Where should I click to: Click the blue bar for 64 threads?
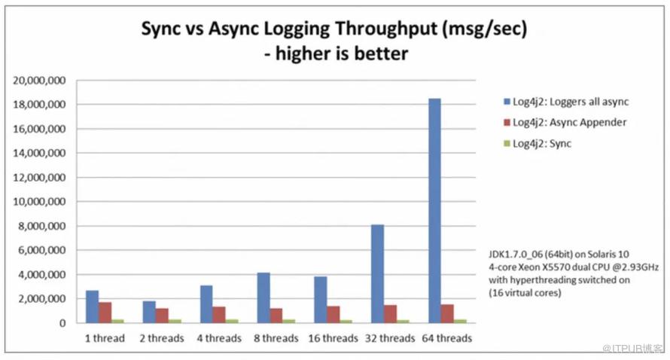pos(435,211)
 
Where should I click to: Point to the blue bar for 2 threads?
pos(148,312)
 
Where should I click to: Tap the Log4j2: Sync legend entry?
pos(542,143)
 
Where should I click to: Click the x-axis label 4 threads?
pos(219,338)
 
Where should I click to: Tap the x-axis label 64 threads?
pos(446,338)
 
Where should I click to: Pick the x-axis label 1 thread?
pos(105,338)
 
